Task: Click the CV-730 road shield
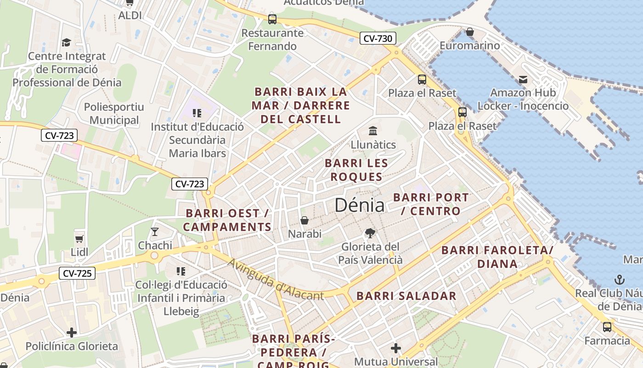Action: (x=378, y=39)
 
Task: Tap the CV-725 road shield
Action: (x=77, y=274)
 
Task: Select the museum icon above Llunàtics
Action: (x=373, y=131)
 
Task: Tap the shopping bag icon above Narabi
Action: (x=304, y=220)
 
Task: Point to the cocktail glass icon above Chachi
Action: (x=155, y=231)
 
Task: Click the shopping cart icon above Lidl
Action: (x=79, y=238)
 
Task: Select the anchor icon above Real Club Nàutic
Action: (x=620, y=279)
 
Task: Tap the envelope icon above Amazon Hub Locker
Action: (x=523, y=80)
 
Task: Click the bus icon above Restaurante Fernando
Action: (x=272, y=19)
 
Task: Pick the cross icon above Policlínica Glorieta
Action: (x=71, y=332)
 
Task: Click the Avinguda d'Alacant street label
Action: (x=276, y=280)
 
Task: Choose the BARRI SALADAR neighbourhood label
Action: (x=406, y=296)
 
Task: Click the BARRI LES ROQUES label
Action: (x=356, y=170)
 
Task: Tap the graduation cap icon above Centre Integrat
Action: (x=66, y=42)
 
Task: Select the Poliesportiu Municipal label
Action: (x=114, y=114)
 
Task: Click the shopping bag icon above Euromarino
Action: (x=469, y=32)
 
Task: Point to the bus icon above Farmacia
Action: (x=607, y=327)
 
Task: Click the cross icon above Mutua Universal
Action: (x=396, y=348)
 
